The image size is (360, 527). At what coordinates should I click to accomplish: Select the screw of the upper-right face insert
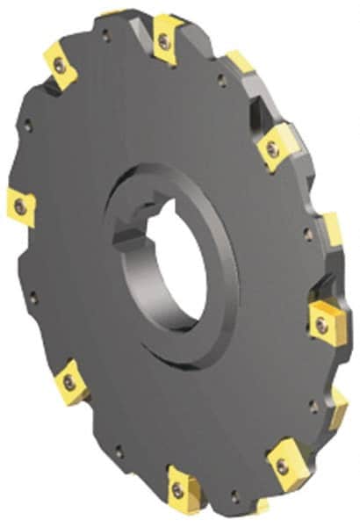click(273, 150)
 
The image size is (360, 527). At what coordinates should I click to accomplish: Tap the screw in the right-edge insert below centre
click(322, 324)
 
